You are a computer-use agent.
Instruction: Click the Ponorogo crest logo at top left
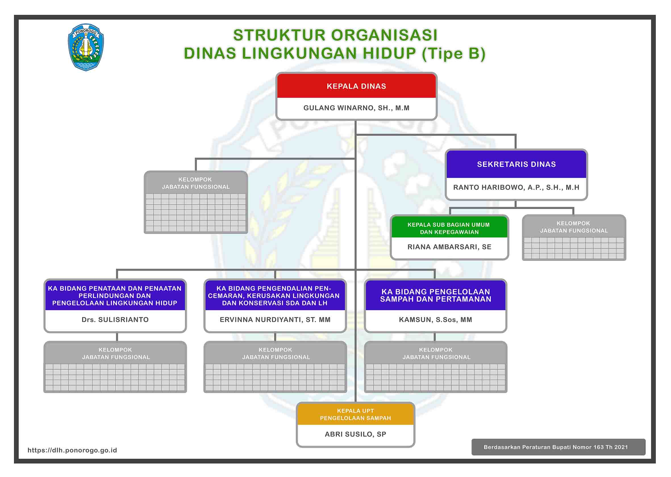click(x=86, y=47)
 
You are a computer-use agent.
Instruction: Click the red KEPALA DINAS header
click(x=356, y=86)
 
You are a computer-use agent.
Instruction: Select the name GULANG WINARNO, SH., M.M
click(x=356, y=108)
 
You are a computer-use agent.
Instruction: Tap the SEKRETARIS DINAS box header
click(x=516, y=164)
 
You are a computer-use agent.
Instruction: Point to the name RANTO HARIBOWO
click(x=516, y=187)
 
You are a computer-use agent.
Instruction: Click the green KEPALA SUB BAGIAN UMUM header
click(x=449, y=228)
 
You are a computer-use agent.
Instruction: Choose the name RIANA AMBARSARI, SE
click(x=449, y=247)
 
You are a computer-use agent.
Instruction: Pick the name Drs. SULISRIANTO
click(x=115, y=320)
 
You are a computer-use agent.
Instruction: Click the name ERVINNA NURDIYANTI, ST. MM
click(x=275, y=320)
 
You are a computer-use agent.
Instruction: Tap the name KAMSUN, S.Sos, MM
click(x=435, y=320)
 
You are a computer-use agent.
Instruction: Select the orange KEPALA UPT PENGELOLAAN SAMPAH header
click(x=355, y=414)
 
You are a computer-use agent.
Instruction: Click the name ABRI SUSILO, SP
click(x=355, y=434)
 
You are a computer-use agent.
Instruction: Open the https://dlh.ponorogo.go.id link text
click(x=72, y=450)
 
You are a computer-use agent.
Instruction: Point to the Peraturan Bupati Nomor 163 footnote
click(x=556, y=447)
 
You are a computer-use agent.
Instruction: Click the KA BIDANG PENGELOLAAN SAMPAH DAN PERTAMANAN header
click(x=435, y=295)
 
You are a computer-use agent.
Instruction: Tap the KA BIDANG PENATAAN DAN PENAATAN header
click(x=115, y=295)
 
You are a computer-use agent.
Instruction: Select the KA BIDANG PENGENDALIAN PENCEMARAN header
click(x=275, y=295)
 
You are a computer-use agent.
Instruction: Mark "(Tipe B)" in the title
click(x=453, y=54)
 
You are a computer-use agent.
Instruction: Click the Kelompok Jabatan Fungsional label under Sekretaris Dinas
click(x=574, y=227)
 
